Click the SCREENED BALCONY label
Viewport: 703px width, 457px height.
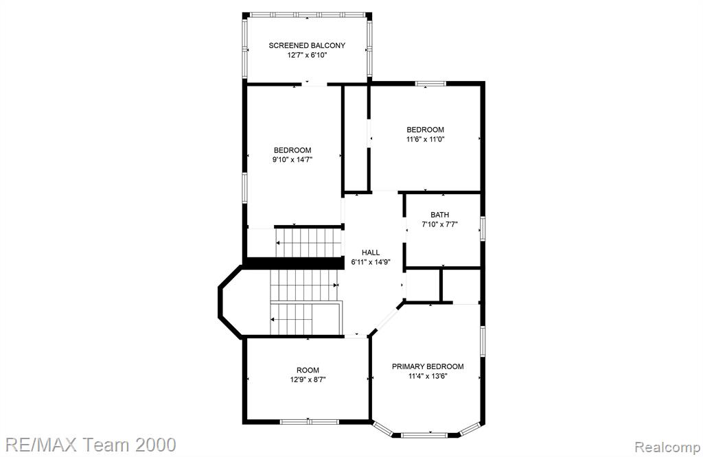(x=307, y=45)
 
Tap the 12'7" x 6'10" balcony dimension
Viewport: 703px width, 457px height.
(x=307, y=55)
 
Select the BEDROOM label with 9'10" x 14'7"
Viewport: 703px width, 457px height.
(x=292, y=150)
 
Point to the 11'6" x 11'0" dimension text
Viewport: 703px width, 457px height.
(x=426, y=139)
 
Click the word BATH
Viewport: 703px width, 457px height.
(x=440, y=215)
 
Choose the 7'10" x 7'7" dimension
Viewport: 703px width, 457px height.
(x=440, y=224)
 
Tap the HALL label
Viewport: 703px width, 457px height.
(x=371, y=253)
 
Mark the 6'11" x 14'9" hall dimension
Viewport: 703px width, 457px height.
(x=371, y=262)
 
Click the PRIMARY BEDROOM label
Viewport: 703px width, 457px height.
(x=428, y=366)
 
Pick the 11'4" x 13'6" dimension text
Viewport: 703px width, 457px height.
(x=428, y=376)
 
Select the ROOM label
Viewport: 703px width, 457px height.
(x=308, y=370)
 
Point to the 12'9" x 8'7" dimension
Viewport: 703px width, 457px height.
(x=308, y=380)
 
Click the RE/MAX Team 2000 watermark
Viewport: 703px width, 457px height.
(x=91, y=445)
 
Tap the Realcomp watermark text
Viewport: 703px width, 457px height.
(x=667, y=447)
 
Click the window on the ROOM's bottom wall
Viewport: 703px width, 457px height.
(x=310, y=421)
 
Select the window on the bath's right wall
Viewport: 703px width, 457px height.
(x=483, y=228)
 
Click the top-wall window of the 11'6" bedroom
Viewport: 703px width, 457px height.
(x=430, y=83)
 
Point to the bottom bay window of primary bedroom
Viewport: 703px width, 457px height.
(x=424, y=435)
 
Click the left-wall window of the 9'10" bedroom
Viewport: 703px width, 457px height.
(x=245, y=187)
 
